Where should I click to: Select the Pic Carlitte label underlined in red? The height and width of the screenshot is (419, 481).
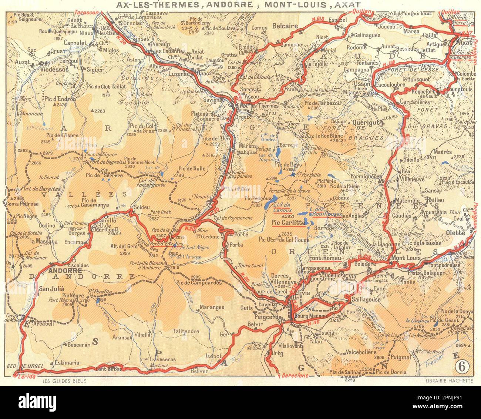click(x=288, y=223)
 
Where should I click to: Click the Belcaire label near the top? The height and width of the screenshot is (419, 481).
click(x=285, y=26)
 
